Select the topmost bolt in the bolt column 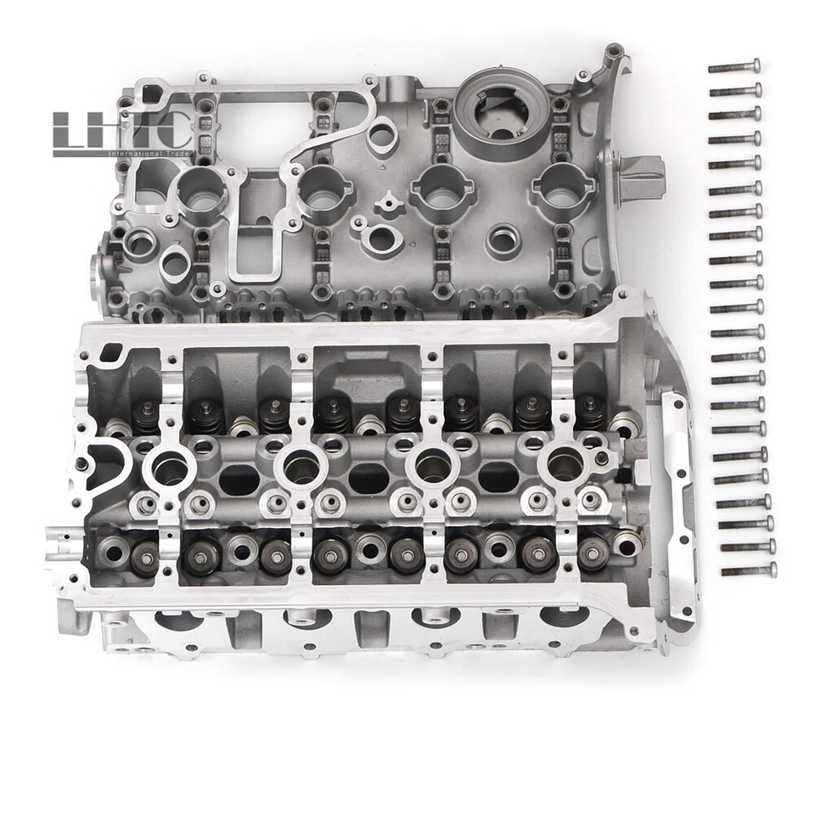[x=735, y=65]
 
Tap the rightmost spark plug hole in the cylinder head [x=565, y=464]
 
